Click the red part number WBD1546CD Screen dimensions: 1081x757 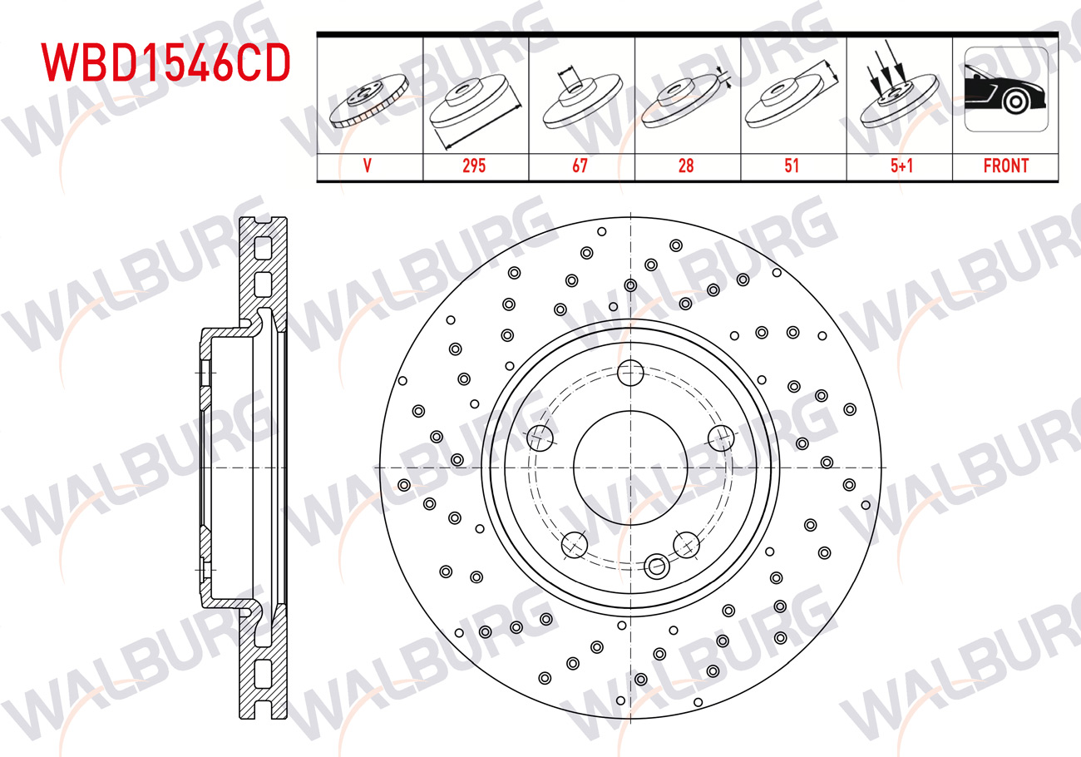pos(165,62)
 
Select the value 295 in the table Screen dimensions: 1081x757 pos(474,166)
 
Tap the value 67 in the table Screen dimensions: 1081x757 pos(580,166)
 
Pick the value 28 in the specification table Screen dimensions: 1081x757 pos(686,166)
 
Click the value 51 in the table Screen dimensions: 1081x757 pos(792,166)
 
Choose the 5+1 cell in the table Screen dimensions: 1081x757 pos(901,166)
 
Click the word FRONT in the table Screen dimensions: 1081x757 pos(1006,166)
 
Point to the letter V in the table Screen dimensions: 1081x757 pos(368,166)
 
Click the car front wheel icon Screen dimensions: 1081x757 pos(1006,89)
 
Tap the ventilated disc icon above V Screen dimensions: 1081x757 pos(369,101)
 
